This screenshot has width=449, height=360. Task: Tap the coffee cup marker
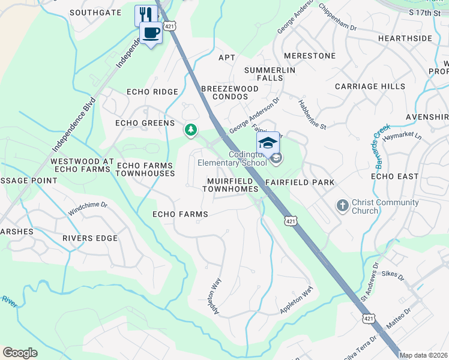[x=151, y=32]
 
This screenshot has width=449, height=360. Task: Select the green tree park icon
[x=191, y=130]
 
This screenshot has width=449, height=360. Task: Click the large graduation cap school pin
[x=268, y=143]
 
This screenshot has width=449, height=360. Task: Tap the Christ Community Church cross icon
[x=343, y=206]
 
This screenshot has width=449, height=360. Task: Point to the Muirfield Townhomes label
[x=233, y=185]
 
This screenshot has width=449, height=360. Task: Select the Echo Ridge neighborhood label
[x=152, y=92]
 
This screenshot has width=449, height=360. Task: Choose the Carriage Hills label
[x=370, y=86]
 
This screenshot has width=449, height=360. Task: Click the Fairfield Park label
[x=299, y=182]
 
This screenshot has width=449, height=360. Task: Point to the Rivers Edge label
[x=90, y=238]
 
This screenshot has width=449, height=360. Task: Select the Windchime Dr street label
[x=88, y=208]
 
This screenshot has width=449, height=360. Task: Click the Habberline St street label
[x=312, y=115]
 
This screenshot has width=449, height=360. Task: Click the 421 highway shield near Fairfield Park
[x=290, y=221]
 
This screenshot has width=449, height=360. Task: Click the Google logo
[x=20, y=353]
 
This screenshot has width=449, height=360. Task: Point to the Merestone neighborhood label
[x=310, y=56]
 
